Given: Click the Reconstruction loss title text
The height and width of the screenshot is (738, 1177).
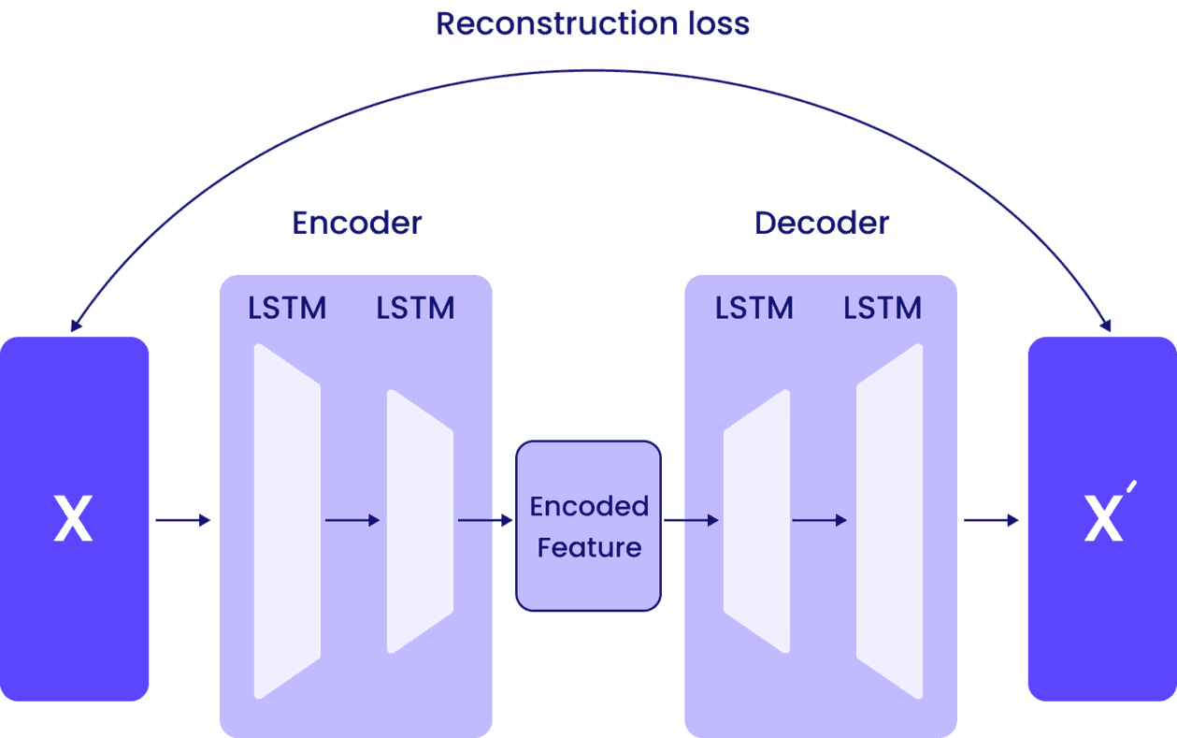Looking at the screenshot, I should pos(593,23).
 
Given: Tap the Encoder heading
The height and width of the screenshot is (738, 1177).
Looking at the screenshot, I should pos(357,223).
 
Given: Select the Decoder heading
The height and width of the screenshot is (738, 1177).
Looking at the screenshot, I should pos(822,223).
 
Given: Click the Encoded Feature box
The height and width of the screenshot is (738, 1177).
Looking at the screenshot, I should pos(589,526).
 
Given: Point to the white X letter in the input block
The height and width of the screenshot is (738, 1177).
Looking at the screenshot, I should pos(73,520).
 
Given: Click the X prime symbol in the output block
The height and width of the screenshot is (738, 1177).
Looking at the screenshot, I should pos(1103,520).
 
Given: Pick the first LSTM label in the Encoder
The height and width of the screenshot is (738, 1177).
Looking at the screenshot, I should pos(287,308).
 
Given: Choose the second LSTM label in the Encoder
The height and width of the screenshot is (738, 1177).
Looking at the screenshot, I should pos(415,308).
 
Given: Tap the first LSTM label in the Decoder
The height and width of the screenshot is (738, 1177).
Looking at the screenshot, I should pos(754,308).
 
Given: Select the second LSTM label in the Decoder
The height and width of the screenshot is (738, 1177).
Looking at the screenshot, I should pos(883,308).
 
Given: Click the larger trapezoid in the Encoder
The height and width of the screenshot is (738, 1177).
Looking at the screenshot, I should pos(287,521).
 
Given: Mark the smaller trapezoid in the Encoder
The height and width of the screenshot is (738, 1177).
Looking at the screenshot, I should pos(420,521).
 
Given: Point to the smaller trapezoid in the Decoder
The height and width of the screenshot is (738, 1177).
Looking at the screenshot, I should pos(756,521).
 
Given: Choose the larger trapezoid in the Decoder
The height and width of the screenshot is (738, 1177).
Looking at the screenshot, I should pos(889,521).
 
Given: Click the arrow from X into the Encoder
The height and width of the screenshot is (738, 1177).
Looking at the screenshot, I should pos(183,520).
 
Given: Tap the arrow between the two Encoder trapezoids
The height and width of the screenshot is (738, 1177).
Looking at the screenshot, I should pos(352,520).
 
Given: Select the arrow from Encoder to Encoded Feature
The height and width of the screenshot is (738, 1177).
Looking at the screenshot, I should pos(485,520).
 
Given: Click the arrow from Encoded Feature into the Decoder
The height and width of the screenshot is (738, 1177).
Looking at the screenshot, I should pos(691,520).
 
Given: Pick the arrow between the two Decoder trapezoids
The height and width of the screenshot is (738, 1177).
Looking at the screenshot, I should pos(820,520).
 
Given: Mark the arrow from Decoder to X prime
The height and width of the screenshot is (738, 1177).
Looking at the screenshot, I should pos(991,520).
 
